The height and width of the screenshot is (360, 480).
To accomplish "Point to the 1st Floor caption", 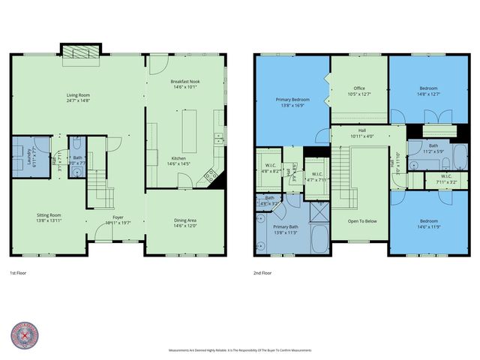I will point(20,272).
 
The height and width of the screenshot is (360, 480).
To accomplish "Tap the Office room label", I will point(359,89).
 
